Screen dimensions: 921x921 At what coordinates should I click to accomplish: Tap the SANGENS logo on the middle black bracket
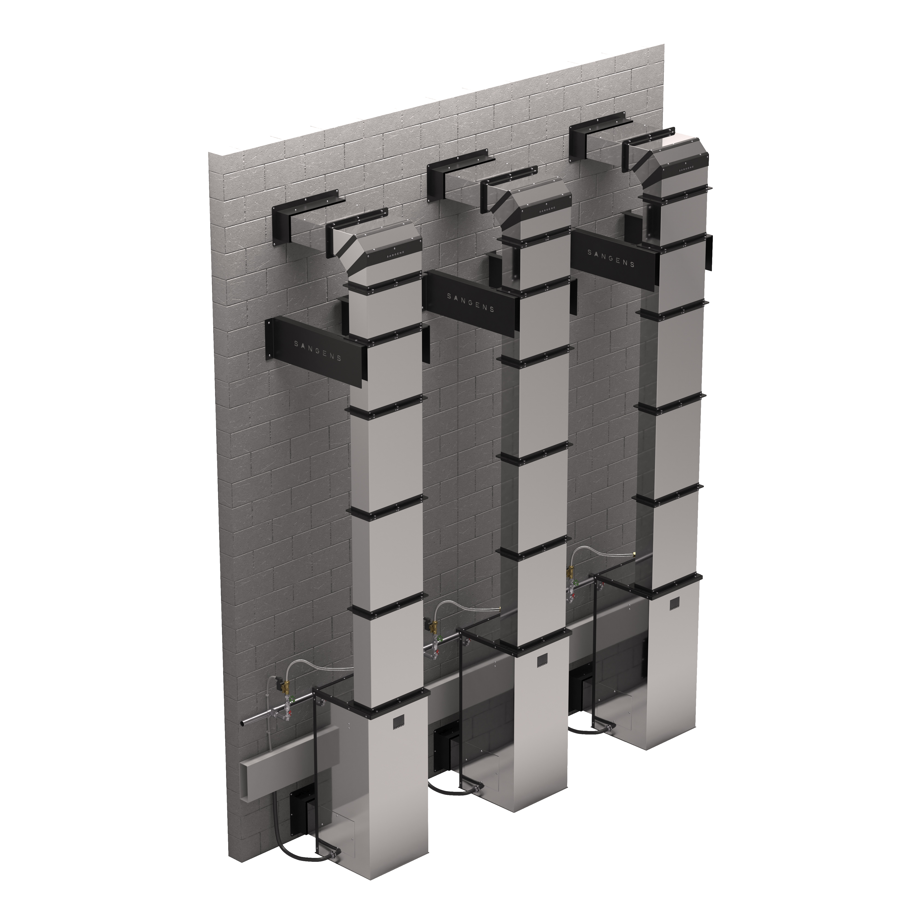pyautogui.click(x=470, y=303)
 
